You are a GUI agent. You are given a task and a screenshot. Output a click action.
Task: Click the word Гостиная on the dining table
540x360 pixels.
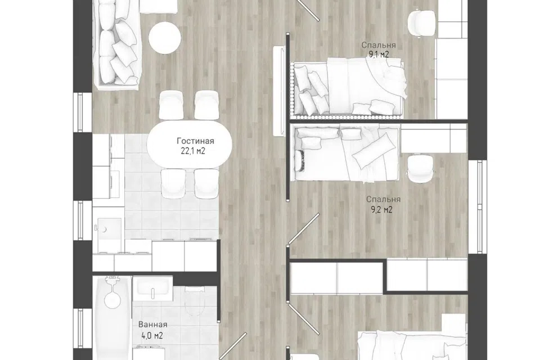click(195, 141)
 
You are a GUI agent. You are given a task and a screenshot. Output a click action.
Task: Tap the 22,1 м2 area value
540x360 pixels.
click(193, 151)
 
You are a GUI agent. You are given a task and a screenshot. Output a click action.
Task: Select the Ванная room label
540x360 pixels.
click(152, 325)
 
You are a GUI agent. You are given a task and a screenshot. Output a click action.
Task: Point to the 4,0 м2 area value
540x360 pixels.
click(151, 335)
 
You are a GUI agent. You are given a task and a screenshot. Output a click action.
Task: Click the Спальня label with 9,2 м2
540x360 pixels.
click(383, 199)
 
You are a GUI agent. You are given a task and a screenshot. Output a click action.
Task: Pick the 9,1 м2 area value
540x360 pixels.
click(379, 55)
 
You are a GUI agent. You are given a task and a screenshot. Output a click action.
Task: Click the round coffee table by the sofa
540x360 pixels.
click(165, 38)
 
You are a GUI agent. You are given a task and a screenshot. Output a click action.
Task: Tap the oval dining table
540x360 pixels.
click(190, 144)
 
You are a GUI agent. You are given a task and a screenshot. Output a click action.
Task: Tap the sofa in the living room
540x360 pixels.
click(117, 43)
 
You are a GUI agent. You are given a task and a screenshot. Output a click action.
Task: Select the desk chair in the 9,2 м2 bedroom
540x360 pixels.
click(421, 169)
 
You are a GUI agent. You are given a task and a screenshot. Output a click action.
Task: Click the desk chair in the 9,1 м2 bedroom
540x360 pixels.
click(421, 22)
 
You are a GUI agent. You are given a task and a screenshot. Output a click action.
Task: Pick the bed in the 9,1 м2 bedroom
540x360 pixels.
click(347, 88)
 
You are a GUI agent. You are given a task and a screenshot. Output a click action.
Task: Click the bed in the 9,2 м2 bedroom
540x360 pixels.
click(345, 152)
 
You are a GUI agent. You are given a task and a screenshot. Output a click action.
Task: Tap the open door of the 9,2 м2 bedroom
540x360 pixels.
click(304, 229)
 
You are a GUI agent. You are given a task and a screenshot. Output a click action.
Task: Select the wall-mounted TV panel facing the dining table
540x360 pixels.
click(278, 91)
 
